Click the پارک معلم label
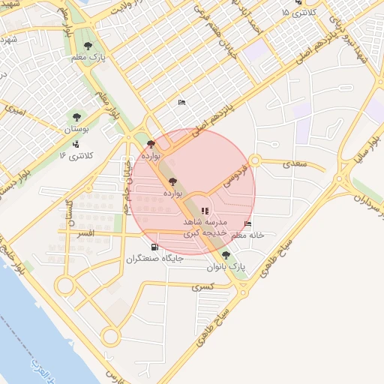click(88, 57)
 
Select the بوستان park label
click(76, 129)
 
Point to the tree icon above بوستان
click(76, 116)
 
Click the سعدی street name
click(295, 163)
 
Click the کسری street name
click(203, 286)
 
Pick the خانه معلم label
click(247, 235)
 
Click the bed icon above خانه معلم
click(248, 223)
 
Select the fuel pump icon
click(154, 246)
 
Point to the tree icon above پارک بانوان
click(226, 255)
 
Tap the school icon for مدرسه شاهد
click(205, 211)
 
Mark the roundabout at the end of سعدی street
click(255, 160)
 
